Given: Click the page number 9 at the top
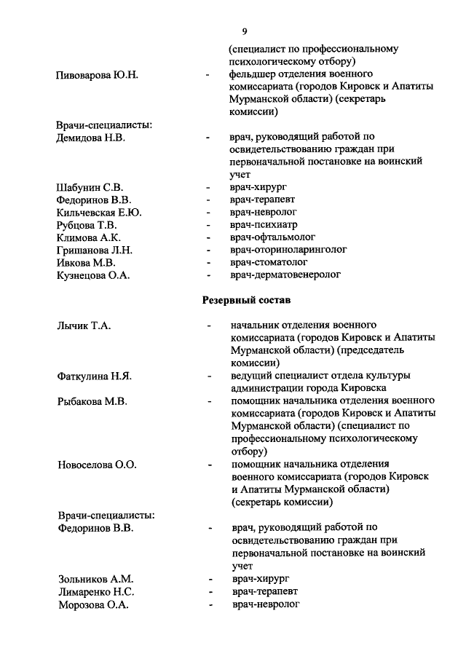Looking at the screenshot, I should pos(245,30).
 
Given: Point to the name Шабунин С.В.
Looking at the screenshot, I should pos(90,187).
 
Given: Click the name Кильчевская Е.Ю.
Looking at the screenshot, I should pos(99,212).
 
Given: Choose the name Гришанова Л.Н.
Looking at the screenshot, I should pos(93,249).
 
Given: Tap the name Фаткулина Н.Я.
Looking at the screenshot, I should pos(94,376).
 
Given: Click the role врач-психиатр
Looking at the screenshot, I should pos(264,224).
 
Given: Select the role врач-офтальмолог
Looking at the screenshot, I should pos(271,237).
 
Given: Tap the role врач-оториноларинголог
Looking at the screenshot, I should pos(288,249).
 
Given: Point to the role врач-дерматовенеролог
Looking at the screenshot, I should pos(285,275).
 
